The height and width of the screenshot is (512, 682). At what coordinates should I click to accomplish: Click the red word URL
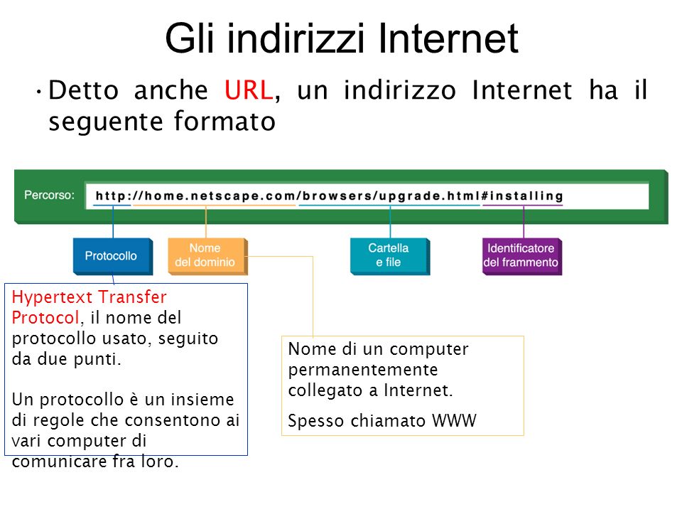(x=249, y=90)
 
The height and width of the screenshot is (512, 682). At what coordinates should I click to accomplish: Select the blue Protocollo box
(x=113, y=257)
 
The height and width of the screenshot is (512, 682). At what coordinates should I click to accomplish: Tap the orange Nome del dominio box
(x=208, y=257)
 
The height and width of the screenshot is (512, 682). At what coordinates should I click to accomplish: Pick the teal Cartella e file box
(x=390, y=257)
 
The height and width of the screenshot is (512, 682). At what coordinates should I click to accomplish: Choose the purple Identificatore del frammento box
(x=522, y=257)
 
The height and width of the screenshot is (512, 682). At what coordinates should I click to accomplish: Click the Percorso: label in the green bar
(x=49, y=195)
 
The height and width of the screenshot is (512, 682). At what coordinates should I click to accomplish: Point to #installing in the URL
(x=522, y=196)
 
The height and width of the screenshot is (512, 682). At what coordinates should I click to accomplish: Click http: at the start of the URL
(x=113, y=196)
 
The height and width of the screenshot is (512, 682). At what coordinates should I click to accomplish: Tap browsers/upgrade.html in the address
(x=391, y=196)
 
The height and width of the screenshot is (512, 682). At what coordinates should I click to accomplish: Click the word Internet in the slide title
(x=448, y=38)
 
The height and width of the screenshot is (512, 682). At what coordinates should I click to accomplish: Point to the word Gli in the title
(x=190, y=38)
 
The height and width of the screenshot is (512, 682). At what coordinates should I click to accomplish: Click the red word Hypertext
(x=53, y=298)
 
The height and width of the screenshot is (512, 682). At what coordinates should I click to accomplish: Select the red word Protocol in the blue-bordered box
(x=45, y=317)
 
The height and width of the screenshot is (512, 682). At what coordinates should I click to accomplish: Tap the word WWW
(x=454, y=421)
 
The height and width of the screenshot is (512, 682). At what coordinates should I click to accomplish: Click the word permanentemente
(x=363, y=370)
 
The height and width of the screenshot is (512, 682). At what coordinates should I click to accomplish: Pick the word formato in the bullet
(x=225, y=121)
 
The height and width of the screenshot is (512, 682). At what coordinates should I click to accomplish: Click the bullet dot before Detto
(x=39, y=92)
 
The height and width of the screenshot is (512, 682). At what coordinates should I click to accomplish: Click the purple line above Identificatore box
(x=524, y=222)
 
